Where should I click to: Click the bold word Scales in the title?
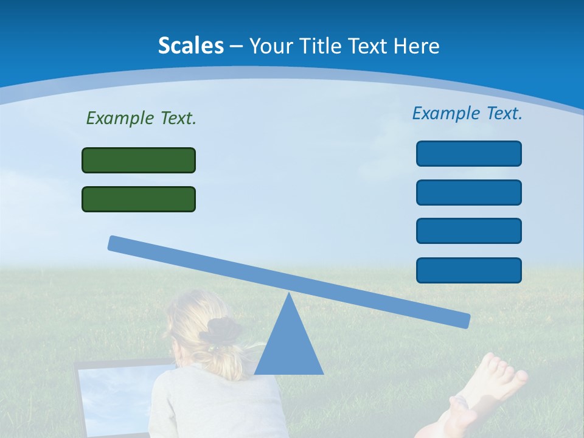point(190,46)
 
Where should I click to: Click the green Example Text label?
point(141,118)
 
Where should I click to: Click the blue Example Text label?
point(467,113)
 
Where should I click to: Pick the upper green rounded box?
point(139,160)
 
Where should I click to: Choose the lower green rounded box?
point(139,199)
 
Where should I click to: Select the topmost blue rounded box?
point(468,153)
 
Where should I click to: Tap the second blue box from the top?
point(468,192)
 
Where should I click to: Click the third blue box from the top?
point(468,231)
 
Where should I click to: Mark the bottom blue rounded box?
point(468,270)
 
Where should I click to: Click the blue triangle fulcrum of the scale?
point(289,347)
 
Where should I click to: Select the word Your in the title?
point(268,46)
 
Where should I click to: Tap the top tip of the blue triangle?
point(289,295)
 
